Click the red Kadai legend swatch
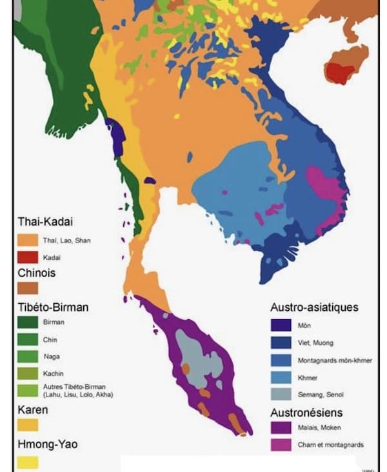pos(27,257)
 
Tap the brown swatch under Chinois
pos(27,288)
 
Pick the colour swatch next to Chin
pos(27,339)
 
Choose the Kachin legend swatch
pos(27,373)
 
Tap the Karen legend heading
pos(33,409)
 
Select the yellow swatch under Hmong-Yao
pos(27,462)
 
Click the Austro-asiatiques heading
pos(313,308)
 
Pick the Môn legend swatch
pos(280,326)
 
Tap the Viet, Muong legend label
pos(315,343)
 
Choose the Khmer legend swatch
pos(280,377)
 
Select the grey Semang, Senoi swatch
pos(280,393)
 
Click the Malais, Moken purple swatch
pos(280,427)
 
